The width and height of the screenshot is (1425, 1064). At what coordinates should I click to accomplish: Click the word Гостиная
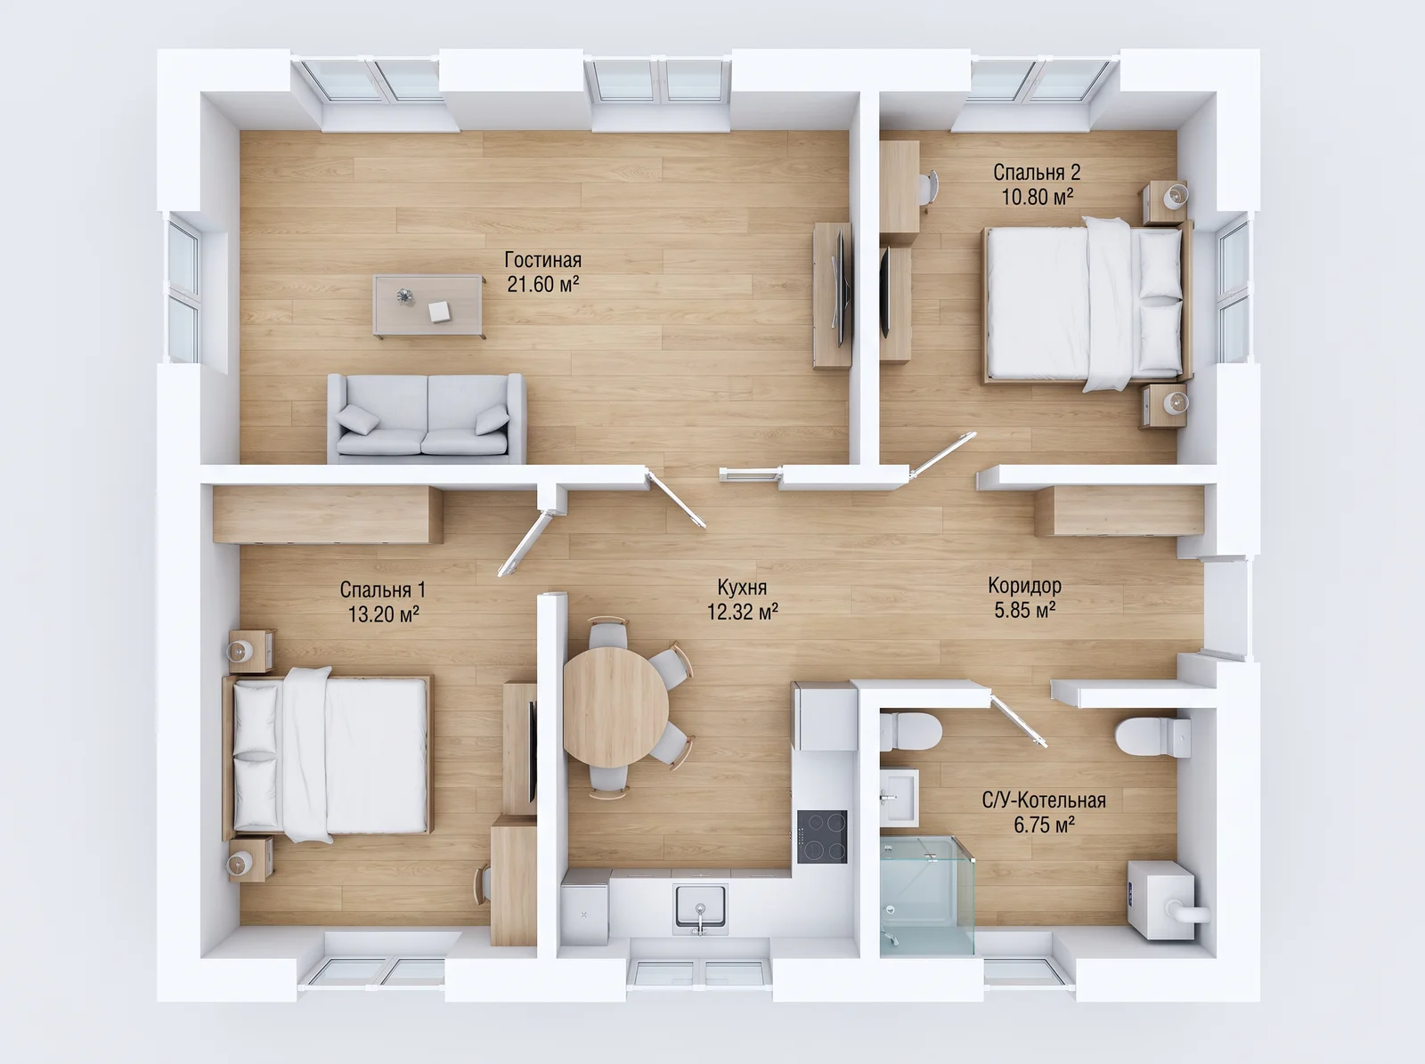(542, 260)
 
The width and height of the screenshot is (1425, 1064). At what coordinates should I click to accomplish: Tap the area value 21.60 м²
(542, 284)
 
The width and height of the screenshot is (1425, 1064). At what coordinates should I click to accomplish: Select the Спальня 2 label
(1037, 173)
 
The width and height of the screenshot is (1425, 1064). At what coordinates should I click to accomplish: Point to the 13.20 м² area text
(383, 613)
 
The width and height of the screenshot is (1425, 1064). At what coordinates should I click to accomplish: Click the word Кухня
(742, 588)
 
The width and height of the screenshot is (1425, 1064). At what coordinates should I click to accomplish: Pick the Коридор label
(1024, 586)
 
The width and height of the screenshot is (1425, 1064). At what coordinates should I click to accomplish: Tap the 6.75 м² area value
(1044, 824)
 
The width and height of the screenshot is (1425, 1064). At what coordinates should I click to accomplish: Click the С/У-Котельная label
(1044, 800)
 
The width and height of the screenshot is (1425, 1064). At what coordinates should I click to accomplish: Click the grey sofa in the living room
(427, 418)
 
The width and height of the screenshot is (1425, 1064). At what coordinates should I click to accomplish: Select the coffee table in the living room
(428, 305)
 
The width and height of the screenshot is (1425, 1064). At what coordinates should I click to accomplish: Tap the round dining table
(615, 707)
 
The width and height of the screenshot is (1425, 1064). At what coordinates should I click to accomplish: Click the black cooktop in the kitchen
(822, 836)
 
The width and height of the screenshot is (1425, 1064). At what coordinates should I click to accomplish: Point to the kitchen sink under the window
(700, 906)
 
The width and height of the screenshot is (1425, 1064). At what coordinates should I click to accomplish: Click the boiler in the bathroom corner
(1166, 900)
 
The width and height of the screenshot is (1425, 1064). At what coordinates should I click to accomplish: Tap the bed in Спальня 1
(328, 755)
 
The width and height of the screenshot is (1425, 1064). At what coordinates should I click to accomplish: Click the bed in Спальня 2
(1088, 304)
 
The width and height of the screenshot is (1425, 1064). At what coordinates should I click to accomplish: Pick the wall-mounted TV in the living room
(840, 288)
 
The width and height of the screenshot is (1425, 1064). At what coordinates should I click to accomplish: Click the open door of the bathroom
(1018, 720)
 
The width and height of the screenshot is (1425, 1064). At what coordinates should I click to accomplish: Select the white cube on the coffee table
(439, 312)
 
